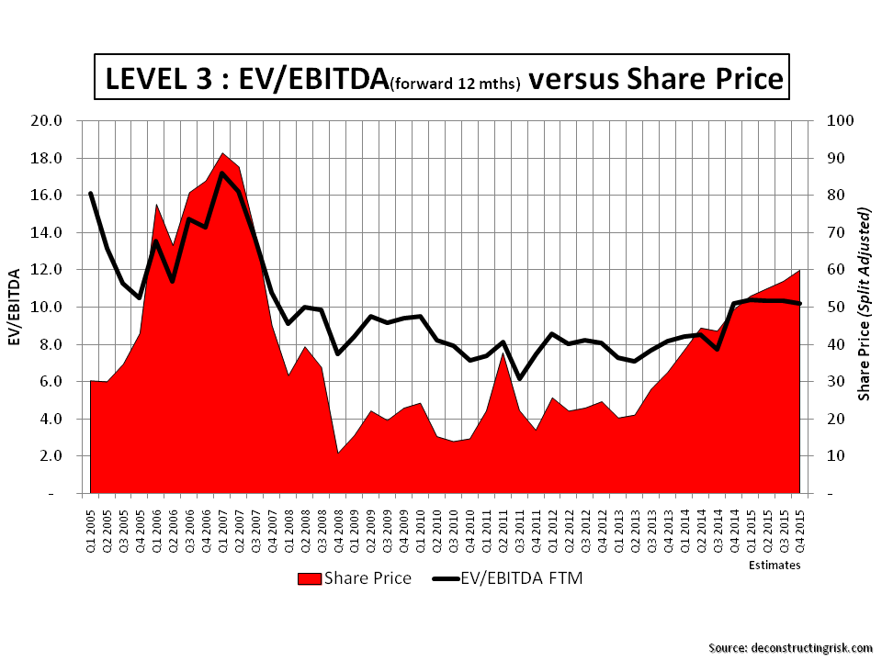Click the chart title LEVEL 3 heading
pos(441,79)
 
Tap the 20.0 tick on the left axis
pos(46,120)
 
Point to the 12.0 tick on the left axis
pos(46,269)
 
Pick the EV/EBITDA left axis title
pos(15,307)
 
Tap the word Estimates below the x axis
pos(774,566)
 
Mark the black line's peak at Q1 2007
pos(223,173)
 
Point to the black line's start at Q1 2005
pos(90,194)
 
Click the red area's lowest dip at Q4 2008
pos(339,453)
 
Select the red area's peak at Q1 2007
pos(223,153)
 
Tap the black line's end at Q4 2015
pos(800,304)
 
